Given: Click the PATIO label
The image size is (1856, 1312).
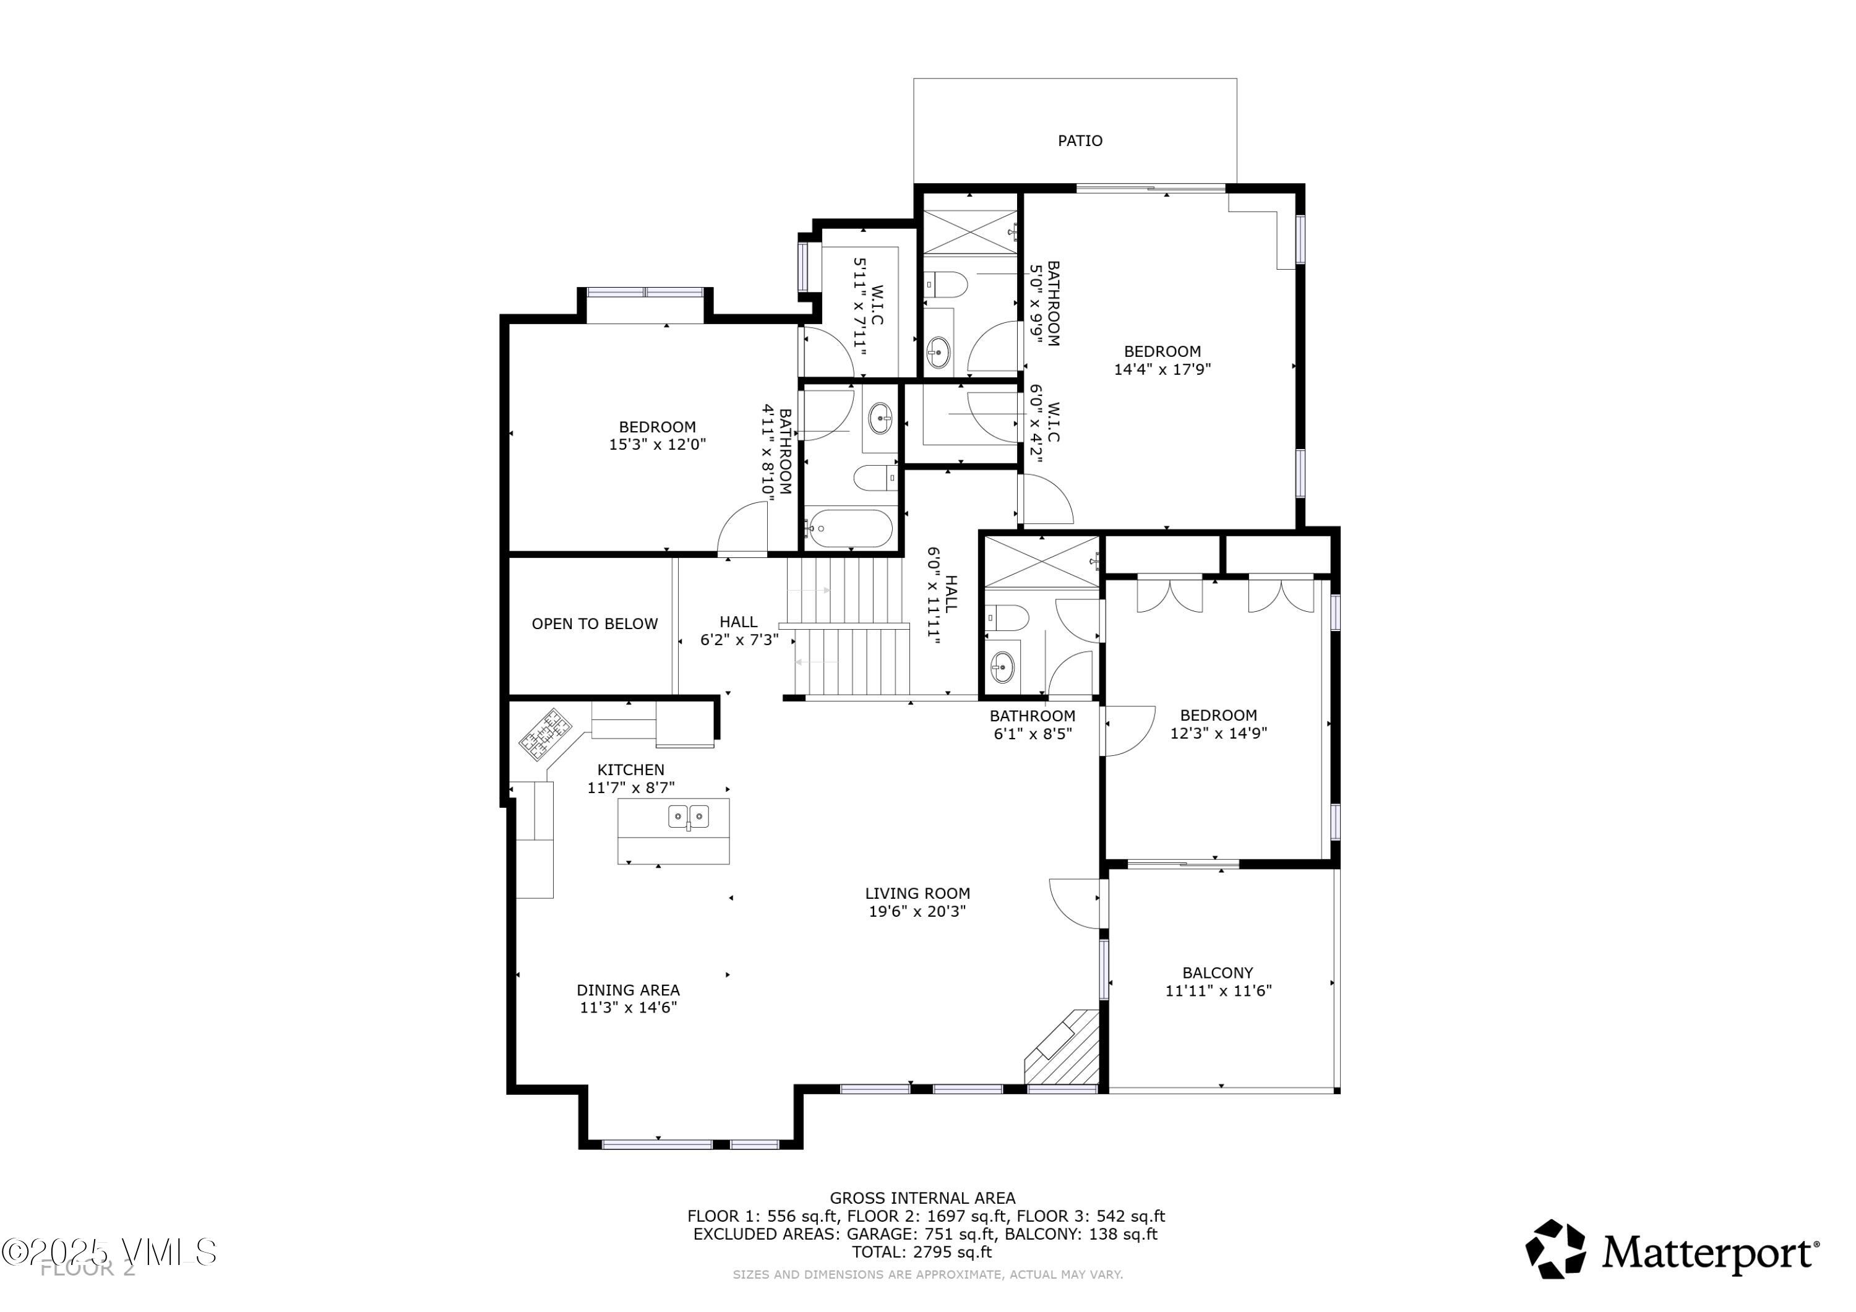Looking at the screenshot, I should tap(1080, 140).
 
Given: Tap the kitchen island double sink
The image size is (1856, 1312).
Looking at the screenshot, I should tap(688, 817).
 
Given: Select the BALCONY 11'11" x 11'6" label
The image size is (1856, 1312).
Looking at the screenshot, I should tap(1218, 982).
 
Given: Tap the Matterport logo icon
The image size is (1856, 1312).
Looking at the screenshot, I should tap(1555, 1250).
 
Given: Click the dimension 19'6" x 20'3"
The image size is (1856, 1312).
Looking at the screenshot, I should tap(917, 912).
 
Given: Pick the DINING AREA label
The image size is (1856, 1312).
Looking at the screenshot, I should tap(628, 990).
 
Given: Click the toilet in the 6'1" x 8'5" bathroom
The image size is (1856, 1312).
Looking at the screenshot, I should tap(1007, 617).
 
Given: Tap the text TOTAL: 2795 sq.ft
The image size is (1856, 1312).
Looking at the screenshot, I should tap(922, 1252).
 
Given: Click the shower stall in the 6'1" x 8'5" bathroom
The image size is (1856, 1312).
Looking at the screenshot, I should tap(1041, 561).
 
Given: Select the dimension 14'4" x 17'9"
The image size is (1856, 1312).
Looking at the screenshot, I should tap(1162, 369).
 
